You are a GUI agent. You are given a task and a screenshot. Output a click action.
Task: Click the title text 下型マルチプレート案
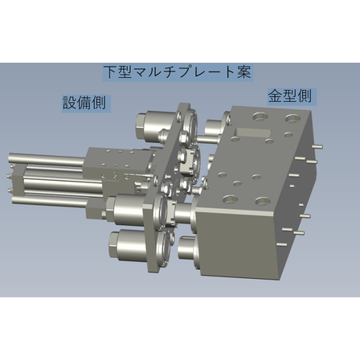(178, 72)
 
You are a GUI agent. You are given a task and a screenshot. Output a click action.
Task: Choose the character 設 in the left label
(71, 103)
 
